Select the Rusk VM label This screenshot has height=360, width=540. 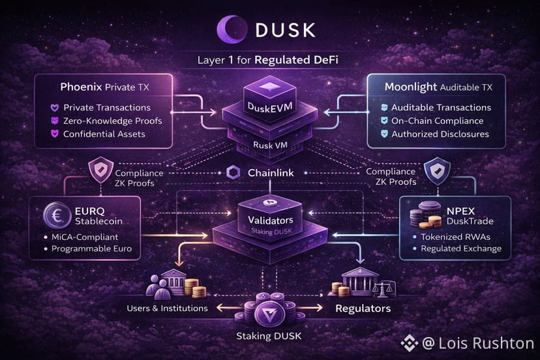pyautogui.click(x=269, y=145)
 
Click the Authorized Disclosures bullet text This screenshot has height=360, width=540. pyautogui.click(x=440, y=134)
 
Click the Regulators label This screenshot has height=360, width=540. pyautogui.click(x=363, y=307)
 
